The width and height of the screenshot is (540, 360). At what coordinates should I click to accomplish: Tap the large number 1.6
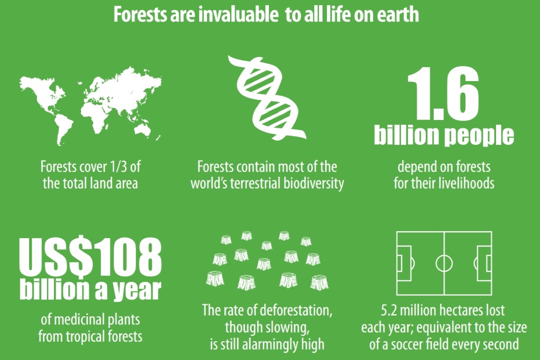click(443, 93)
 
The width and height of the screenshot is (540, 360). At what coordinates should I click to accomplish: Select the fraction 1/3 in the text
click(118, 167)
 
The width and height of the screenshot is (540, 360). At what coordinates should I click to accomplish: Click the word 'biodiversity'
click(313, 183)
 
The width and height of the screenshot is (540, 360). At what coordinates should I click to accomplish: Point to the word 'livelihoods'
click(466, 183)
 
